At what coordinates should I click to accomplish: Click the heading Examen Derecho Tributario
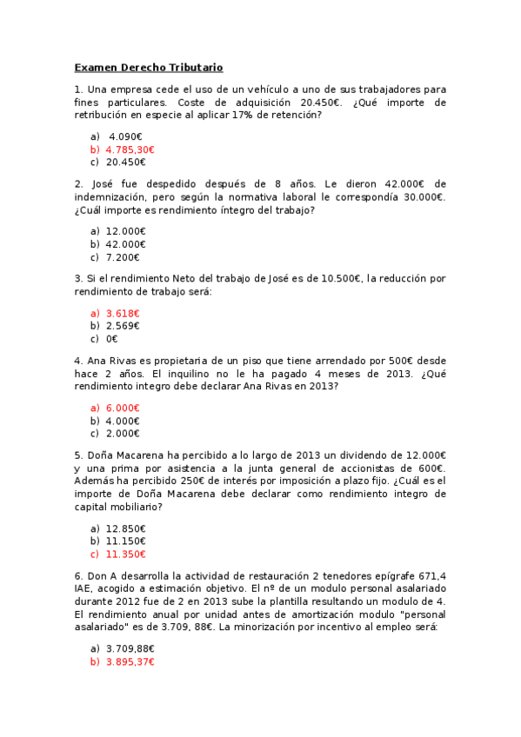149,67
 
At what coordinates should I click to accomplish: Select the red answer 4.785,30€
130,149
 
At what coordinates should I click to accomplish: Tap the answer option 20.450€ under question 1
126,162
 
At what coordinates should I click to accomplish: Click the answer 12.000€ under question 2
126,231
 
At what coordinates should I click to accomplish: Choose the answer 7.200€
123,257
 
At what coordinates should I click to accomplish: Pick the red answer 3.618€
123,313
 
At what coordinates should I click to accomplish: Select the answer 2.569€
123,326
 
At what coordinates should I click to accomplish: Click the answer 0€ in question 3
111,339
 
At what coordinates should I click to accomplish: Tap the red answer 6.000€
123,408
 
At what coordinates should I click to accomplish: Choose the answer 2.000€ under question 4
123,433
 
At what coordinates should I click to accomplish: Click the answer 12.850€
126,528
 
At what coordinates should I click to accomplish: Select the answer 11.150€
126,541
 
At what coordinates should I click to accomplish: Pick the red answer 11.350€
126,554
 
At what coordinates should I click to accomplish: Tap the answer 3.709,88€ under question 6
130,648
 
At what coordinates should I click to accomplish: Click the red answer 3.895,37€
130,661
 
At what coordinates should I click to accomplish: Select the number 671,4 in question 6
432,575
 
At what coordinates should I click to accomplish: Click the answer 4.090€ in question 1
126,136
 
